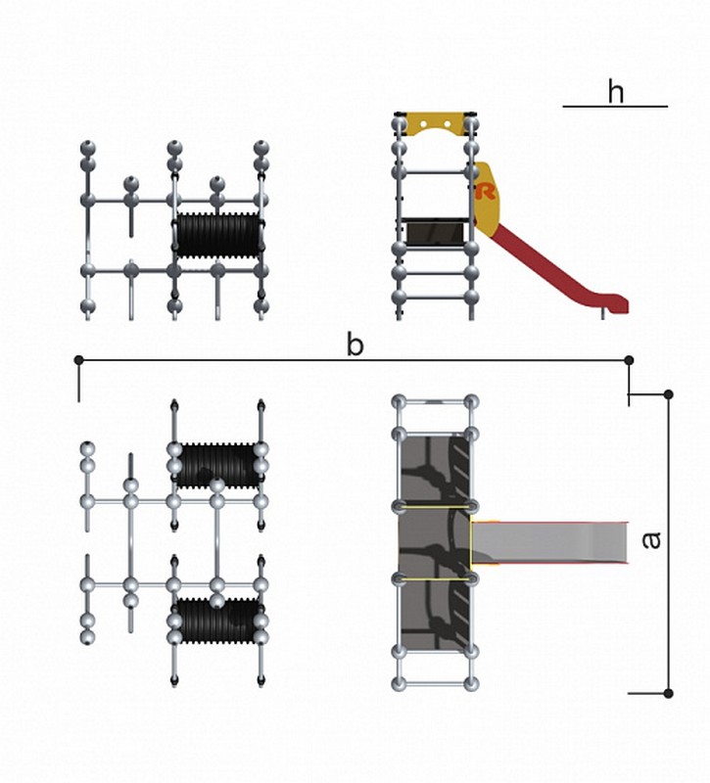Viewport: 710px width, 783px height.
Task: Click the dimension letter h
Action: coord(616,91)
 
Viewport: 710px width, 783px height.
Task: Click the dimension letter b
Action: coord(355,345)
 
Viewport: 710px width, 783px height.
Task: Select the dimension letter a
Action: coord(651,540)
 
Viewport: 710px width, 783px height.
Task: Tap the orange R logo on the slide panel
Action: coord(486,191)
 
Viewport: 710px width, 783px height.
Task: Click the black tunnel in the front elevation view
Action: coord(218,236)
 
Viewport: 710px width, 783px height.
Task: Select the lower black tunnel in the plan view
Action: coord(217,621)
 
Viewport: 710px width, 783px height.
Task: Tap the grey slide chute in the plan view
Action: coord(549,543)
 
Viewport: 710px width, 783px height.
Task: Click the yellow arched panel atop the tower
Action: coord(435,124)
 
